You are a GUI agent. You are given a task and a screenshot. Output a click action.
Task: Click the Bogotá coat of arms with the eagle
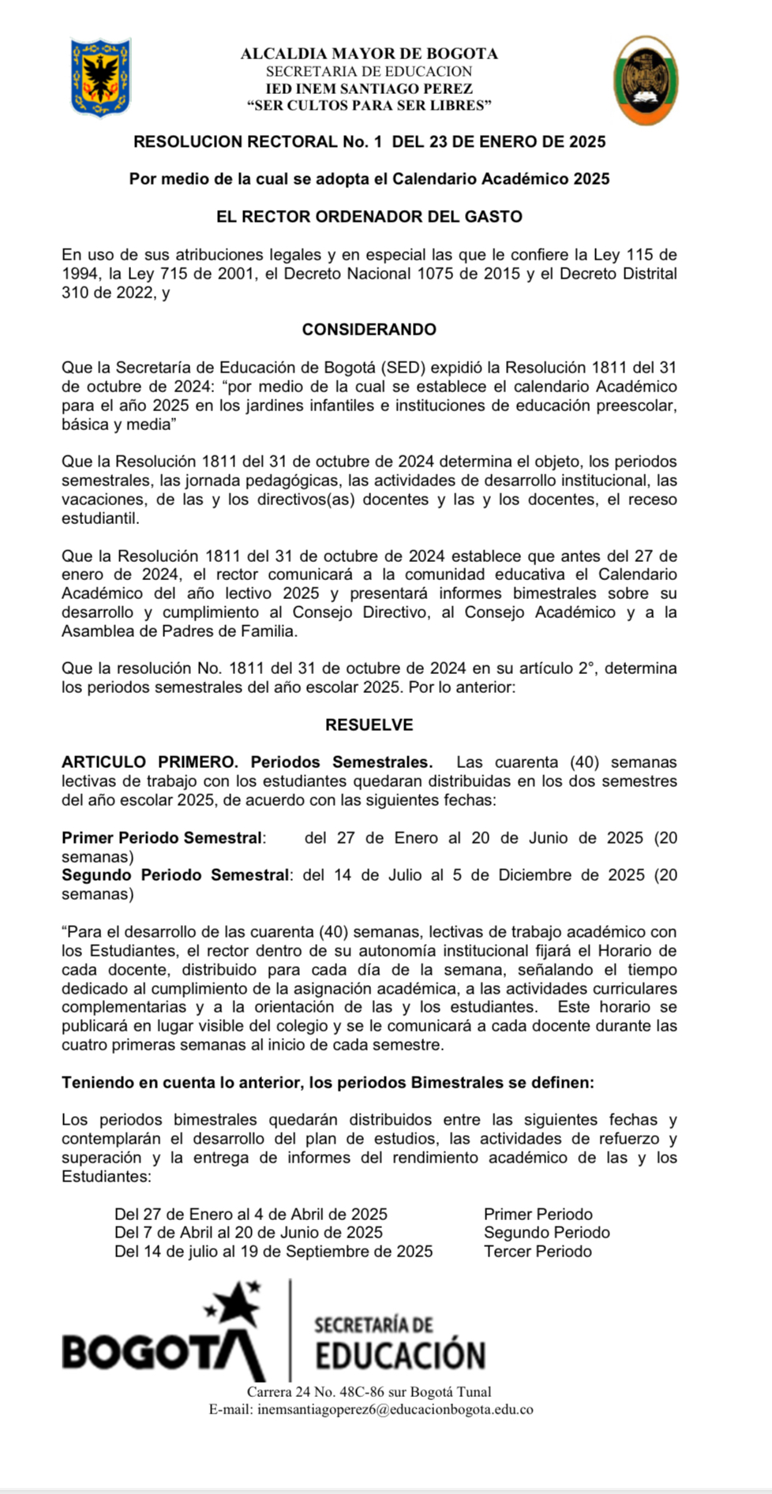click(x=101, y=78)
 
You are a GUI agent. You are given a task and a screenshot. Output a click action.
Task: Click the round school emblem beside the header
click(x=646, y=81)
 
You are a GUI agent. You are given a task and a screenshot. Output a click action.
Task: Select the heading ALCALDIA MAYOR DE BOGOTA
click(x=369, y=54)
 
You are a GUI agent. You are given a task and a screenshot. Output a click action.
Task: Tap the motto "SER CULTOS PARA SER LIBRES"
click(x=369, y=105)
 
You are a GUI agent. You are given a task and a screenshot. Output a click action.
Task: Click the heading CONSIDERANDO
click(x=369, y=330)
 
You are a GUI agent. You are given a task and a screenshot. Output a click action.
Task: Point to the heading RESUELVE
click(x=369, y=725)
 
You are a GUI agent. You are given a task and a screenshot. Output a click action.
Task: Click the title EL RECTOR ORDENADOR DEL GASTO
click(x=369, y=216)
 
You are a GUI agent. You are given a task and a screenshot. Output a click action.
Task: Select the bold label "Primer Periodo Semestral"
click(x=162, y=837)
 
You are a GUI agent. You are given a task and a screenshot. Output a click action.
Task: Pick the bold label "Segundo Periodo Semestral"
click(x=175, y=874)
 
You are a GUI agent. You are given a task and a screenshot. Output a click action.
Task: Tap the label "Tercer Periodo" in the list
click(x=538, y=1251)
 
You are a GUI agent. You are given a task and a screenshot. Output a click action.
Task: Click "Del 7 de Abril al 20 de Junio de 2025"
click(x=249, y=1232)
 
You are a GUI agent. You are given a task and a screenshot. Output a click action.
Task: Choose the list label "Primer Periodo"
click(x=538, y=1214)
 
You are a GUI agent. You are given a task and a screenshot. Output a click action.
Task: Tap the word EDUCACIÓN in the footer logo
click(x=400, y=1356)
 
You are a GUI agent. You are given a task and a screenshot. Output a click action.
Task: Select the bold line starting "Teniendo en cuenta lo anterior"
click(x=328, y=1082)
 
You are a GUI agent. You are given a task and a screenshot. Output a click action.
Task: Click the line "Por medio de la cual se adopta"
click(x=369, y=179)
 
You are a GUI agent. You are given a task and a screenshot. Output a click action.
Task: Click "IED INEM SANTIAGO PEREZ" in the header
click(x=369, y=88)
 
